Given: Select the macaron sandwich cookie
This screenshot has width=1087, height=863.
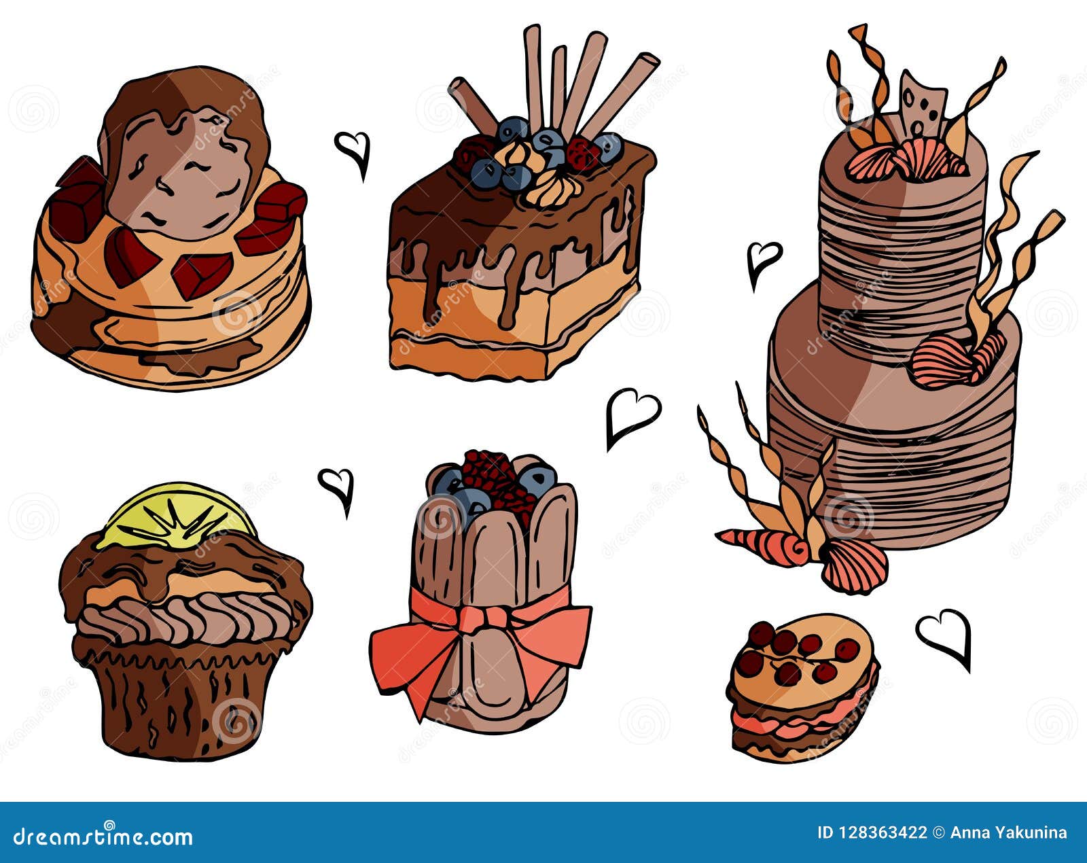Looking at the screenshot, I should pyautogui.click(x=802, y=686).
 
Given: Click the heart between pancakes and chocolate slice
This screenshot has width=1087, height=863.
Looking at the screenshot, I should pyautogui.click(x=353, y=151).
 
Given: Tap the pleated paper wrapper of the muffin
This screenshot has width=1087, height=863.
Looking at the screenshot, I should pyautogui.click(x=180, y=700).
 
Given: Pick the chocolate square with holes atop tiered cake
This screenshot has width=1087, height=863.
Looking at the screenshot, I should pyautogui.click(x=922, y=109).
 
